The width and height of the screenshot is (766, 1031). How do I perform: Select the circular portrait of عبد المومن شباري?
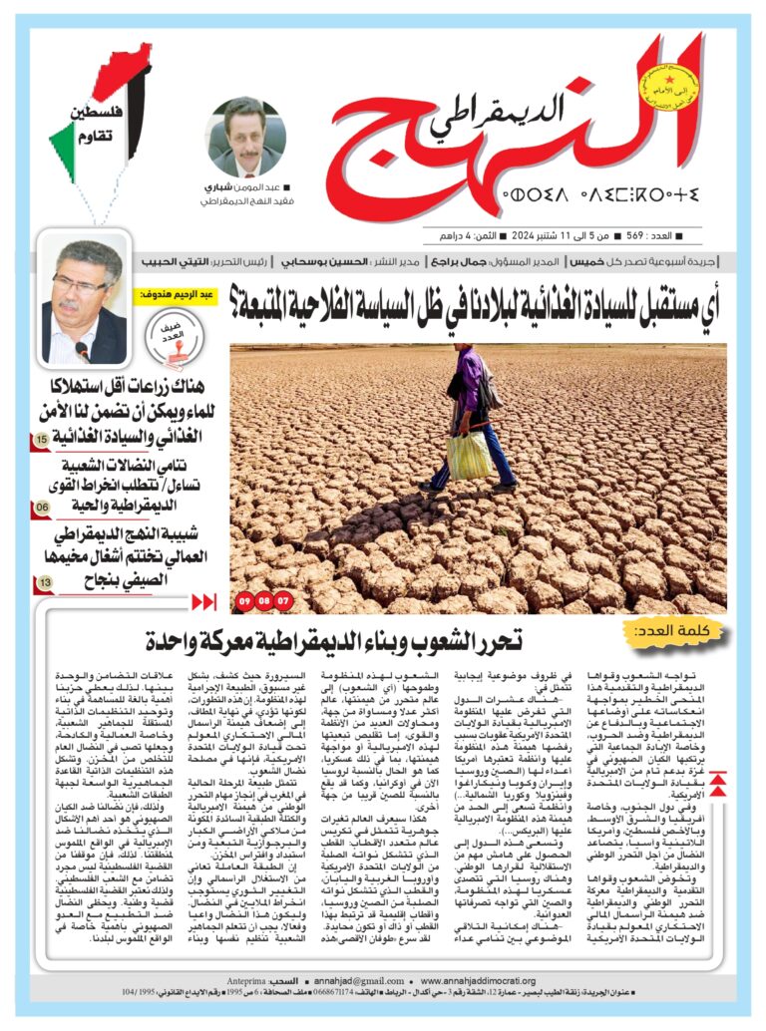(245, 138)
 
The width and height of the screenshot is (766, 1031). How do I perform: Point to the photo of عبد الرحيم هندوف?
(85, 299)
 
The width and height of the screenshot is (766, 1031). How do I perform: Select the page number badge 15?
(43, 439)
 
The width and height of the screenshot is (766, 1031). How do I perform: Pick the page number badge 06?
(43, 508)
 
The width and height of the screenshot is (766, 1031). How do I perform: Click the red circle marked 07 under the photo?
(283, 601)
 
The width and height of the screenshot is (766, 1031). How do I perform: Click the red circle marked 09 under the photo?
(245, 601)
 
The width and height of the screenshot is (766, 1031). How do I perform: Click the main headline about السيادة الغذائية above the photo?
(479, 296)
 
